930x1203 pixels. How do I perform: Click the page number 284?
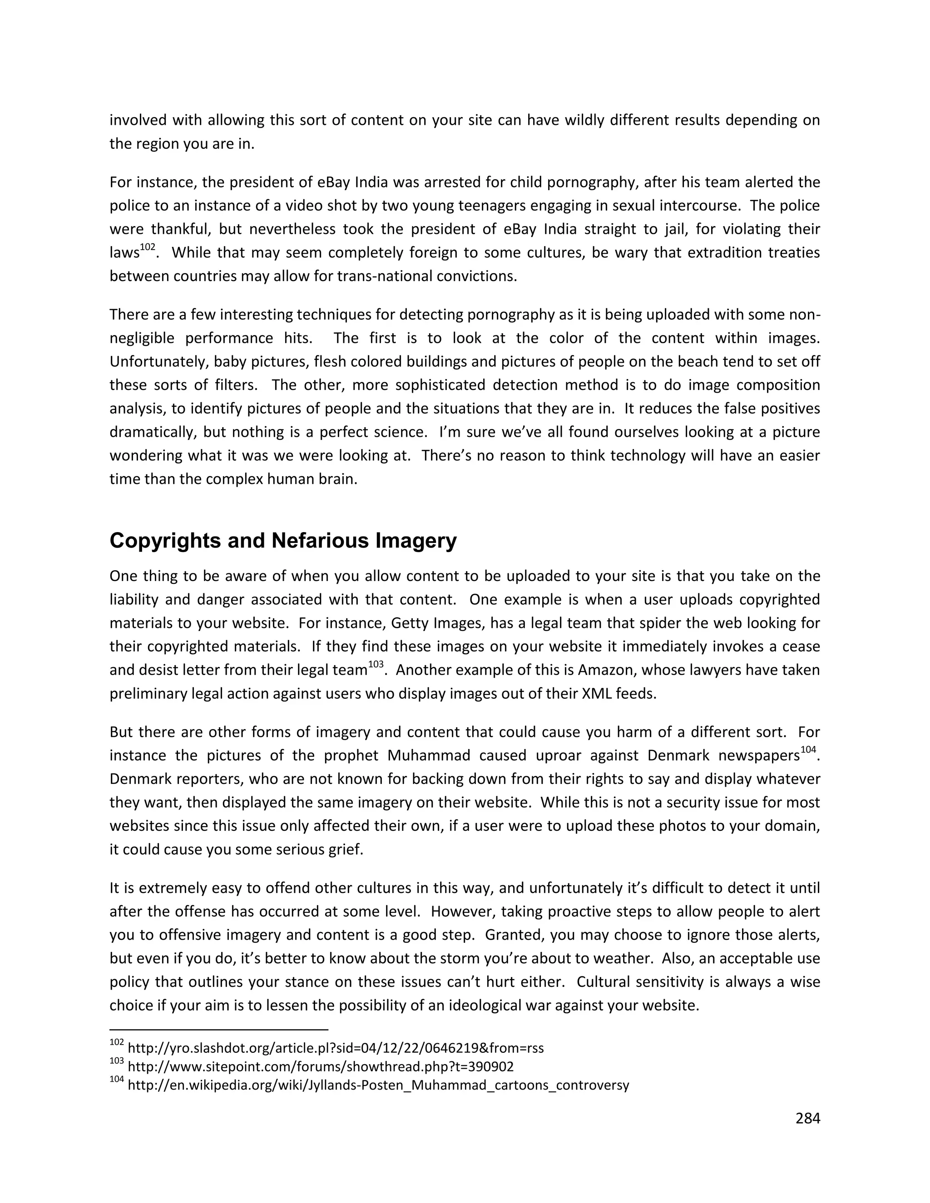tap(808, 1118)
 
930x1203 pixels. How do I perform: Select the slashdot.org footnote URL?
tap(336, 1048)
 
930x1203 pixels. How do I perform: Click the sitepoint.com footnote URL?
tap(320, 1066)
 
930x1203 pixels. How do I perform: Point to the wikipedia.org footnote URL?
tap(378, 1085)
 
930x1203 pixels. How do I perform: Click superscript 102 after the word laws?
tap(148, 247)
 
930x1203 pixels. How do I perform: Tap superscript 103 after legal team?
tap(375, 665)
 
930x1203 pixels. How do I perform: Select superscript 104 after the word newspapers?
tap(808, 749)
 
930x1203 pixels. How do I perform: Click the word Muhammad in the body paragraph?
tap(429, 755)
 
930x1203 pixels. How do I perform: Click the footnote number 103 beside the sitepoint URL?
tap(117, 1063)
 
